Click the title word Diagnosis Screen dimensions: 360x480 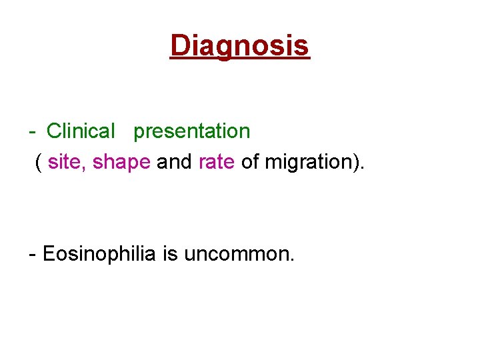(x=240, y=45)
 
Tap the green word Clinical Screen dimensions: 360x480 (x=81, y=131)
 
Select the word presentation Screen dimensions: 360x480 (x=191, y=131)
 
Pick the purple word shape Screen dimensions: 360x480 (x=121, y=162)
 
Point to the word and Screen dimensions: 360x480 (x=174, y=161)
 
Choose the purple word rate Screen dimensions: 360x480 (x=217, y=161)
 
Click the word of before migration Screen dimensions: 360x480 (x=250, y=161)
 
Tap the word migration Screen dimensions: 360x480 (x=309, y=162)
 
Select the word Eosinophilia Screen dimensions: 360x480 (x=99, y=254)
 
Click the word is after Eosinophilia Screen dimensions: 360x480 (x=171, y=254)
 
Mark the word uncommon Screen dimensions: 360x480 (x=236, y=254)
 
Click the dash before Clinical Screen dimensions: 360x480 (x=33, y=132)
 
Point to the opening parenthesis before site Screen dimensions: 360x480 (x=40, y=162)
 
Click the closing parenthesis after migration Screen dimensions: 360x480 (x=357, y=162)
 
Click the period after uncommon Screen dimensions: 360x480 (x=291, y=260)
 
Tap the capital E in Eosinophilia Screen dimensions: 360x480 (x=49, y=254)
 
